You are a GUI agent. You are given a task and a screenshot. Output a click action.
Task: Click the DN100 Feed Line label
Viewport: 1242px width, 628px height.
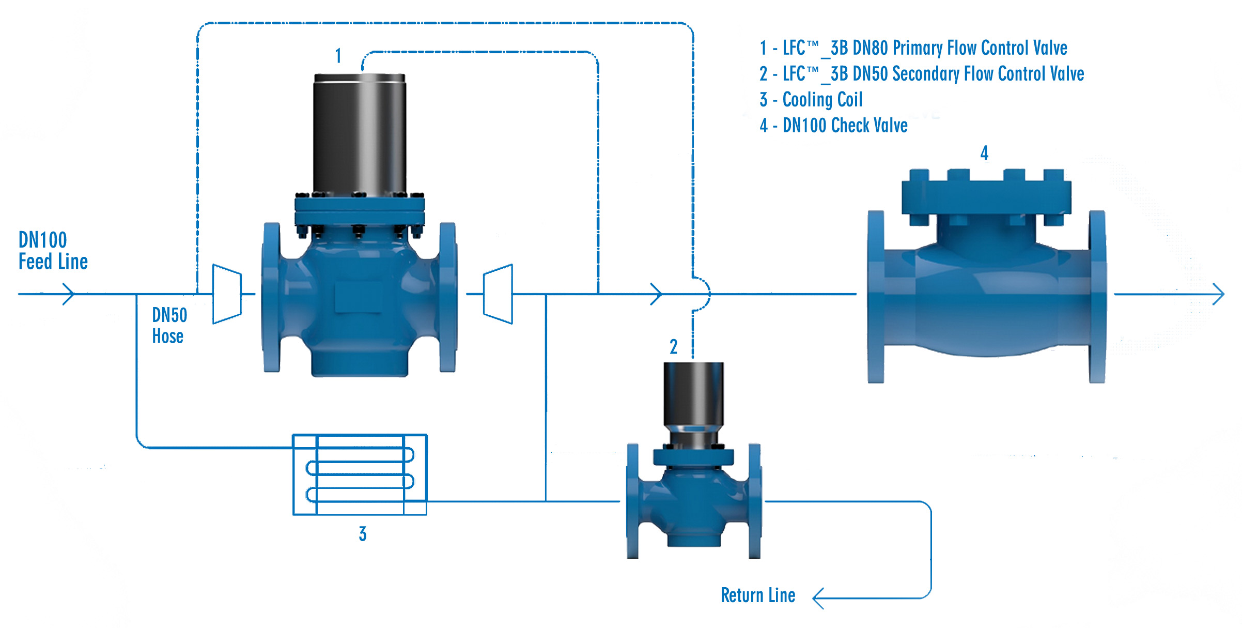point(53,251)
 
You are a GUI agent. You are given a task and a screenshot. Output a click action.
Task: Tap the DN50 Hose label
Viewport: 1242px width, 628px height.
point(169,326)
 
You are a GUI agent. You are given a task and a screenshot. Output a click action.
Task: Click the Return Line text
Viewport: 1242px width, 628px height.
point(757,595)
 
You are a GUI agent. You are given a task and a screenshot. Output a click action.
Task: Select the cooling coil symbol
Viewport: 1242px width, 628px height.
point(360,474)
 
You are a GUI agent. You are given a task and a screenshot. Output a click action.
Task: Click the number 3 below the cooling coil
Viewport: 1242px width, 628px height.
point(363,534)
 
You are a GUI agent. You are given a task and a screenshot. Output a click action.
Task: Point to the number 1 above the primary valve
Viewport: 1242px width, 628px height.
point(338,55)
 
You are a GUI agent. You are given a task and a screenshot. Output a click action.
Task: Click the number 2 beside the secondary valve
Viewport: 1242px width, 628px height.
point(673,346)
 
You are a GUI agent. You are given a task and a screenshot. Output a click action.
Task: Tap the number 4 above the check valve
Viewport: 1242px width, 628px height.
point(984,152)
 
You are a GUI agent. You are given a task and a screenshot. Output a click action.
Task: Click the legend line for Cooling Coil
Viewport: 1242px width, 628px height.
point(811,99)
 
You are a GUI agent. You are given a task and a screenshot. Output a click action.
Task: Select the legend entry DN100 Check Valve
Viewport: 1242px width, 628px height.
point(833,126)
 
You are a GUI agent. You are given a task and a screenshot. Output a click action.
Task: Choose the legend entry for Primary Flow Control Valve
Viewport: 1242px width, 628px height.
point(913,48)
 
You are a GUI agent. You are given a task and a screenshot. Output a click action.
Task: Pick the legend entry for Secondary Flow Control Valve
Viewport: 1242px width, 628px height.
point(921,74)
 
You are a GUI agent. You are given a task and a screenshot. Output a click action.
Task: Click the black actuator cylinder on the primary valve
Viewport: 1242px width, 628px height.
point(360,134)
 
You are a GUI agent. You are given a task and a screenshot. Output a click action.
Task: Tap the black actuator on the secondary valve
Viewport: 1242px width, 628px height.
point(693,393)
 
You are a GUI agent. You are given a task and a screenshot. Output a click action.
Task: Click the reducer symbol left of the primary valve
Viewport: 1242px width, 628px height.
point(227,294)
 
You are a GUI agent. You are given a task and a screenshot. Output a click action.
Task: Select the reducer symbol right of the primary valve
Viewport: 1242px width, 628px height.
point(498,294)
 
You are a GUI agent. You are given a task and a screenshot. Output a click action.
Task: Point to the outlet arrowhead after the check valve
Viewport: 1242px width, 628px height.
point(1219,294)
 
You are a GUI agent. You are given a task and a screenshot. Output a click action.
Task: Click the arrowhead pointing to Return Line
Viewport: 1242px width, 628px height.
point(818,598)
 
